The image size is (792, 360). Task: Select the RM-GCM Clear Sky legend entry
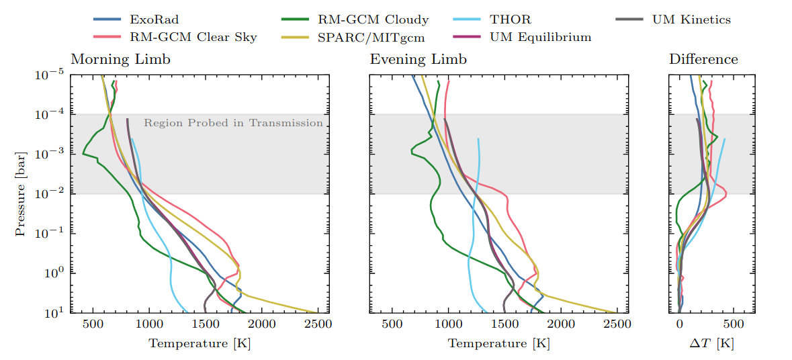(181, 37)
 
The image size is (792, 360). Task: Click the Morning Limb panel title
(121, 59)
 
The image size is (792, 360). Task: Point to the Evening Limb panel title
(419, 59)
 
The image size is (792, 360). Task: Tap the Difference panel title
(703, 59)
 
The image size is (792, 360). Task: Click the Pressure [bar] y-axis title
(21, 193)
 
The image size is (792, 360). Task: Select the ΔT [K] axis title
(711, 344)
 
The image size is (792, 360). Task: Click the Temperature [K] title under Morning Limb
(200, 344)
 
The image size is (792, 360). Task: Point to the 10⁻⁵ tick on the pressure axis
(49, 75)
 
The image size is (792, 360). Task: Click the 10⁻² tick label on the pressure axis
(49, 194)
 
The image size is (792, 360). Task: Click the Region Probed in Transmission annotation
(233, 123)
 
